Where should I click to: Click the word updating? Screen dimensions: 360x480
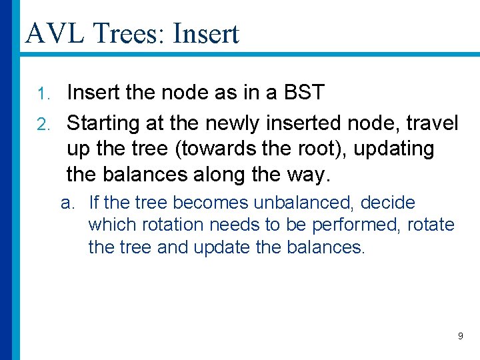pyautogui.click(x=394, y=150)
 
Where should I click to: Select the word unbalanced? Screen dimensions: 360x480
pyautogui.click(x=304, y=203)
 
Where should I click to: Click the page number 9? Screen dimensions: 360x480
pyautogui.click(x=460, y=337)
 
